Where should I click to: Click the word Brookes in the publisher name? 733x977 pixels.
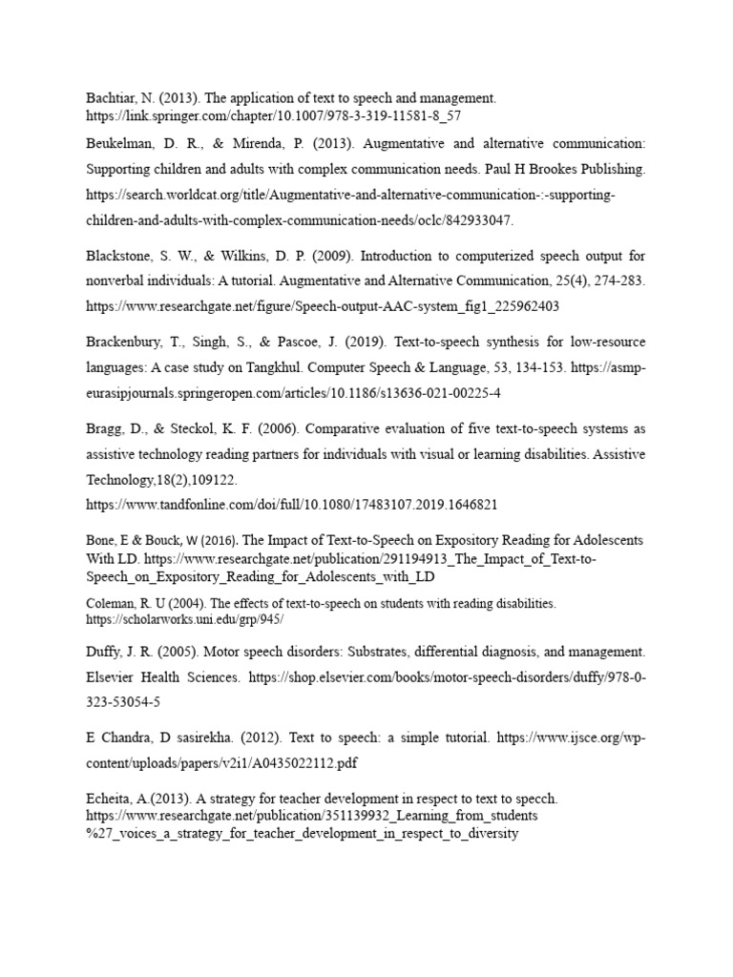[x=536, y=169]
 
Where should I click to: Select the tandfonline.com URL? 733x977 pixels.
[x=291, y=504]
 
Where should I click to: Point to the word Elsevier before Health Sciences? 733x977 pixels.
[x=112, y=677]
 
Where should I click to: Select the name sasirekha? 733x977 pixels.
[x=205, y=738]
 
